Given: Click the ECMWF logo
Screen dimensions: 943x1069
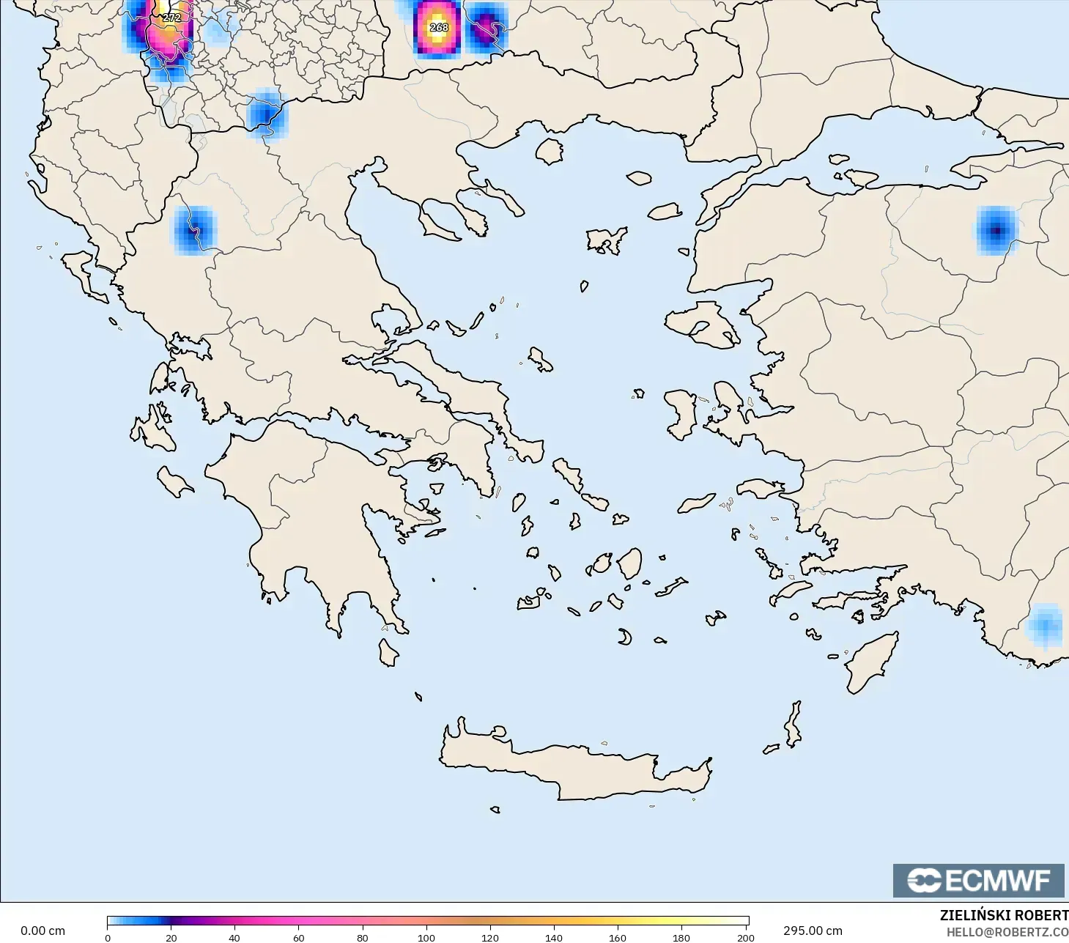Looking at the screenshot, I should point(978,880).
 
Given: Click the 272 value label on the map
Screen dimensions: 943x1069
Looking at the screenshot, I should point(171,18).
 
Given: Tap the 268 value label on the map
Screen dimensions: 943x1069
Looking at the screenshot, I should point(439,27).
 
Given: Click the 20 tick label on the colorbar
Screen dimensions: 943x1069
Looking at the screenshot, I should point(171,937).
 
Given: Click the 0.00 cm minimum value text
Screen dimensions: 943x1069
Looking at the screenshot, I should point(42,931).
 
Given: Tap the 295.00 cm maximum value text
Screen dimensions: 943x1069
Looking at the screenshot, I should point(813,931).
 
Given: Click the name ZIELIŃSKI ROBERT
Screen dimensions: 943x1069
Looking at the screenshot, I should point(1004,915).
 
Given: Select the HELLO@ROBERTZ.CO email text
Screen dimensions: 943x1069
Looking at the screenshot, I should point(1007,932).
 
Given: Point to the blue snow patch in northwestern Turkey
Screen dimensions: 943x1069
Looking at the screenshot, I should point(996,231).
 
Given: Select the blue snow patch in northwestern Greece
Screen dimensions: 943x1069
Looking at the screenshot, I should point(194,230).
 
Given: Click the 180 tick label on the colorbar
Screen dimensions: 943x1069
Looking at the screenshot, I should point(681,937).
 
